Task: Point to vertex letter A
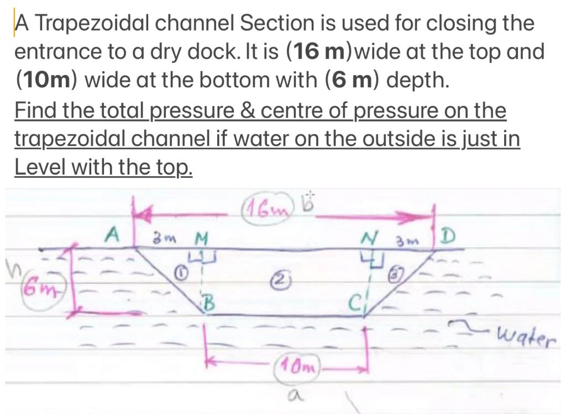(113, 236)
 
